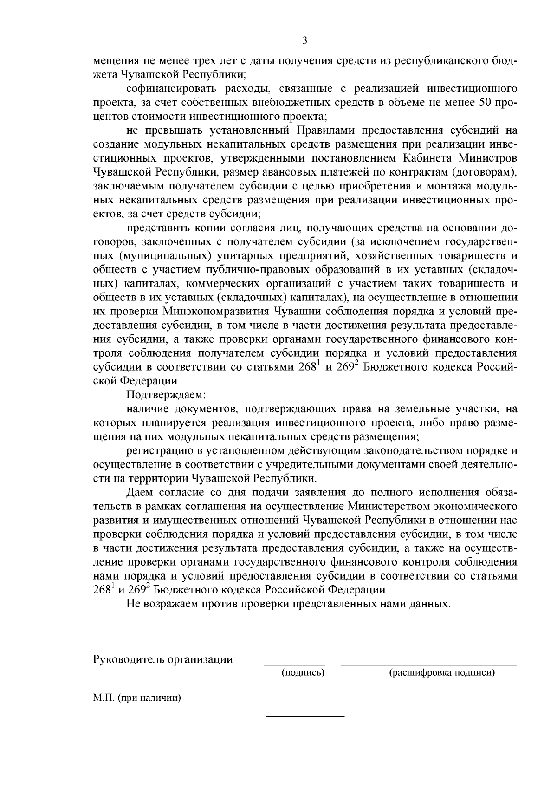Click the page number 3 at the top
(304, 40)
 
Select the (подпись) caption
(303, 672)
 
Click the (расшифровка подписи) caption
(441, 672)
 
